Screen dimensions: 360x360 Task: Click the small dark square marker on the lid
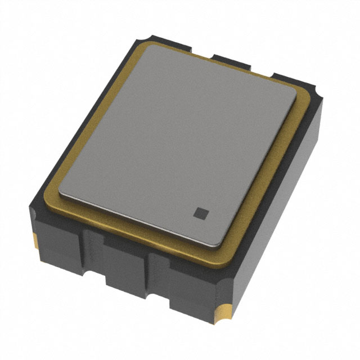click(200, 213)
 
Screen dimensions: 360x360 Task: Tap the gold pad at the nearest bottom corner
click(224, 311)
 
